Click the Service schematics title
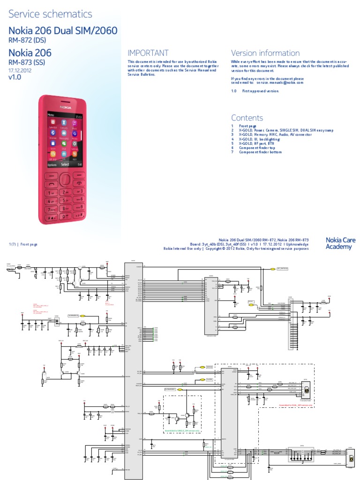point(51,15)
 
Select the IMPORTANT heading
point(148,53)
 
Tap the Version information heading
point(265,53)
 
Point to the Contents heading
point(247,118)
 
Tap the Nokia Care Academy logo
point(340,243)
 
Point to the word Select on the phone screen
point(65,165)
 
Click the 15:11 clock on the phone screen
point(79,115)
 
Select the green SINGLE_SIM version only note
point(182,429)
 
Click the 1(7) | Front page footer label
point(23,245)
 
